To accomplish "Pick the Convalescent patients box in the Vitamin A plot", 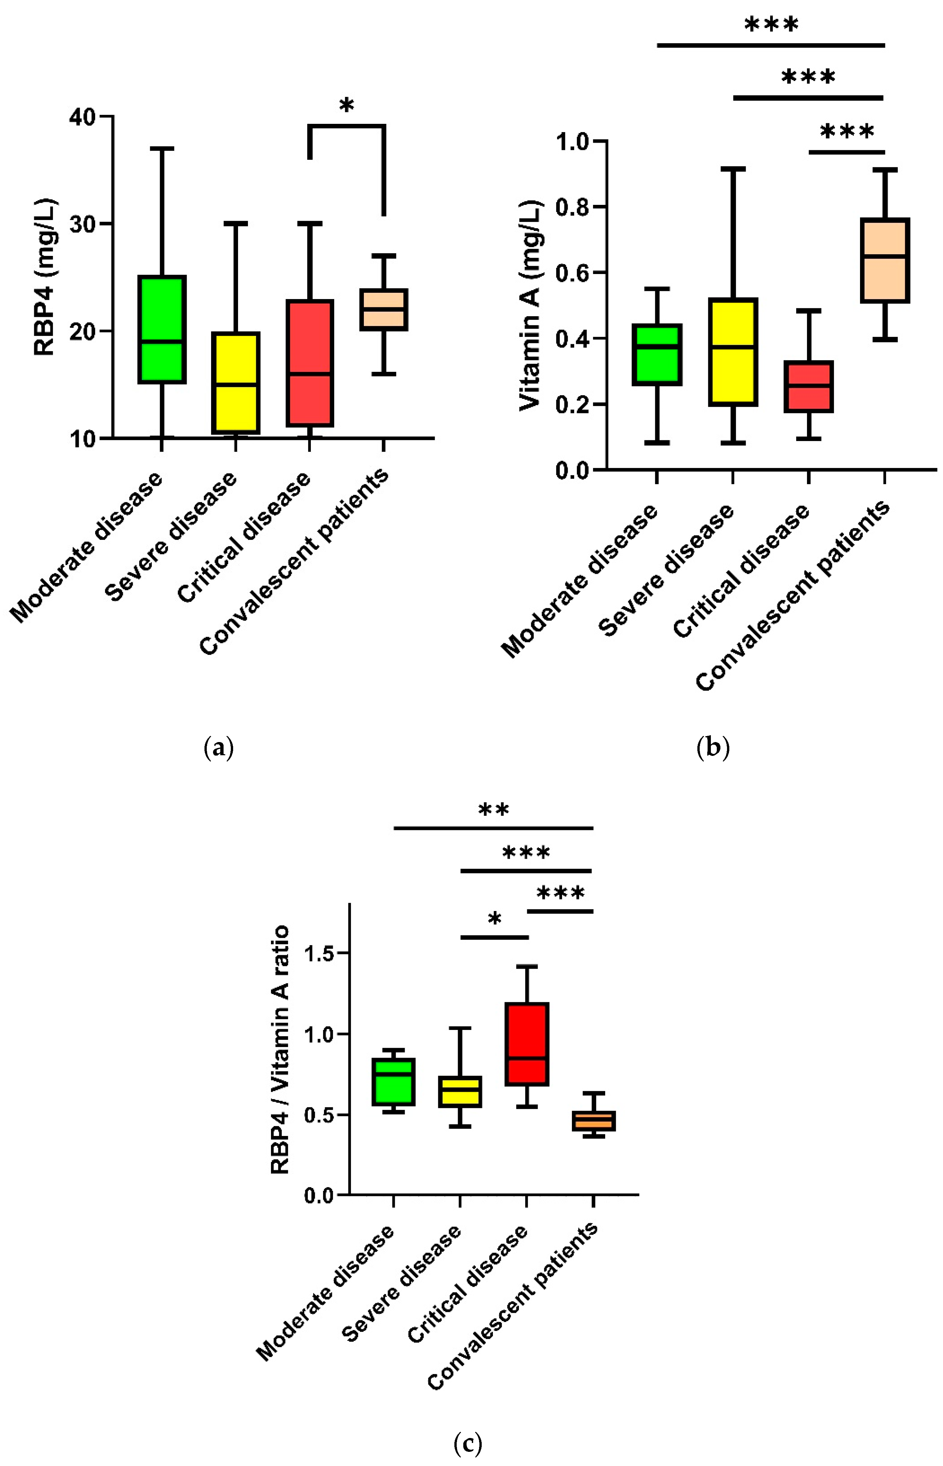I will pos(885,260).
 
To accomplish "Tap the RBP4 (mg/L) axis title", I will pos(44,277).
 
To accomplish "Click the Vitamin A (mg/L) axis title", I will pos(530,305).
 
